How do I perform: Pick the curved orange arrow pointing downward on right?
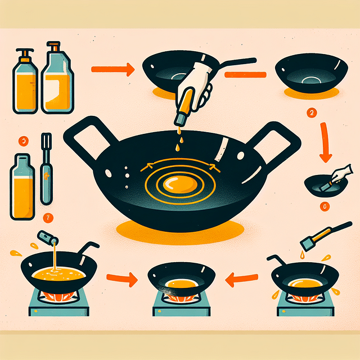coord(325,143)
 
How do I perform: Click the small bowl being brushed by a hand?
coord(318,186)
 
